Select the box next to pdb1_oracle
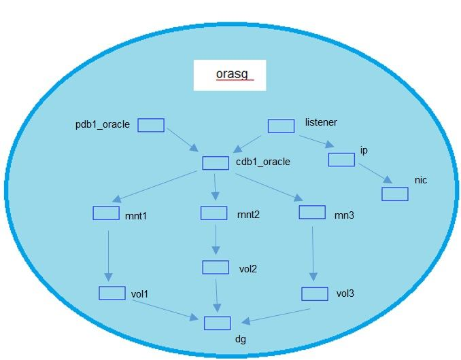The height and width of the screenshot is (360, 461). [151, 124]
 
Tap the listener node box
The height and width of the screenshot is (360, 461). [280, 126]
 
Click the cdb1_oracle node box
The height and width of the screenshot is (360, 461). [216, 163]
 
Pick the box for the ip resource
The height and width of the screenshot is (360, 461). [341, 160]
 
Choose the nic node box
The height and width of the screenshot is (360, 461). [394, 194]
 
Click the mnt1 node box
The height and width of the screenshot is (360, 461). [105, 213]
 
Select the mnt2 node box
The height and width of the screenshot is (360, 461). [214, 213]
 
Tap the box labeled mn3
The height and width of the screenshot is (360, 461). [312, 212]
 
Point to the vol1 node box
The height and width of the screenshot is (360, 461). [112, 293]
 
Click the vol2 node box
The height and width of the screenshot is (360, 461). [216, 267]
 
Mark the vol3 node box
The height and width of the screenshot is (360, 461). [315, 293]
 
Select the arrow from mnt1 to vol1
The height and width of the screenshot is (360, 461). [107, 253]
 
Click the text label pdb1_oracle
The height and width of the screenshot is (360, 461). [102, 124]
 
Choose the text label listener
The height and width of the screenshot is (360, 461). [321, 123]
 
